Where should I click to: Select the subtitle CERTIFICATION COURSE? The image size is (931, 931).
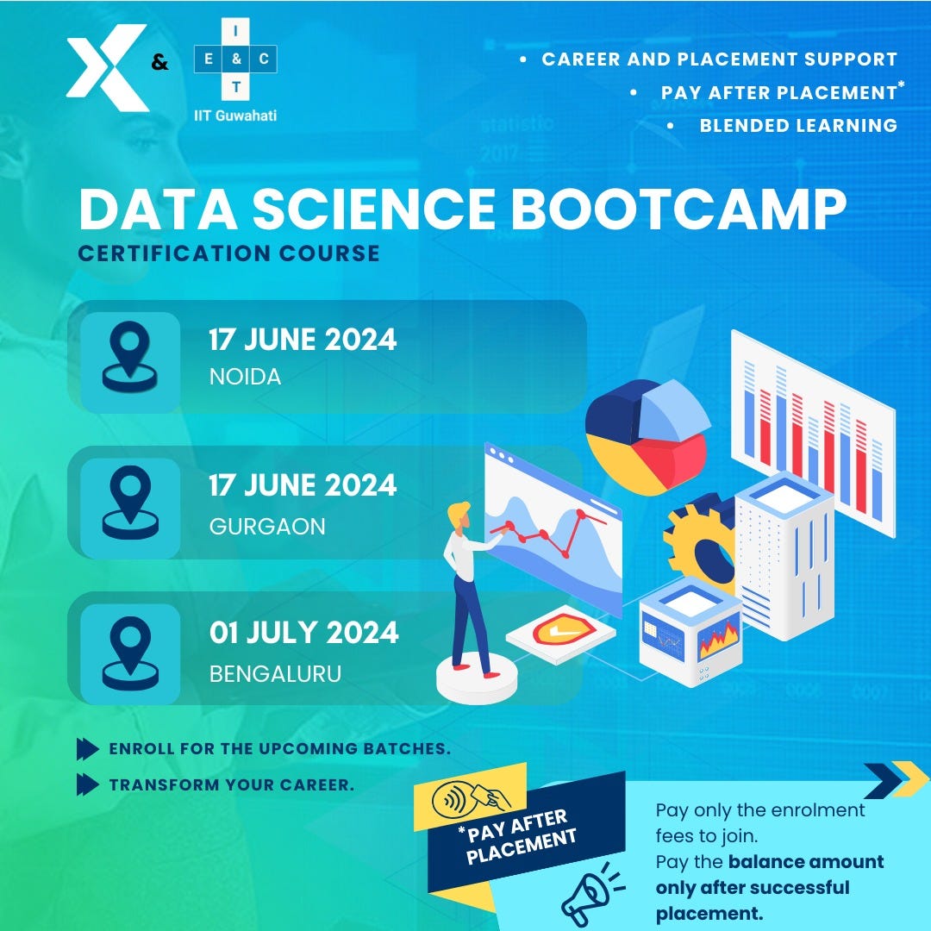228,253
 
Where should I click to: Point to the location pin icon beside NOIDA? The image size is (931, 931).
129,355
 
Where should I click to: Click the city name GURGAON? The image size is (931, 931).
267,526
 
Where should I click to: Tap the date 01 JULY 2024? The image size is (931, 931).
303,633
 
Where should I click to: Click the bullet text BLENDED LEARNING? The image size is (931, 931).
798,125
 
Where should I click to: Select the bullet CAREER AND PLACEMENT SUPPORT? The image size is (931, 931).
719,59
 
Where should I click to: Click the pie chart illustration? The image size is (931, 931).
647,436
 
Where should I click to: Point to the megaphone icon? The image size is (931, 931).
590,892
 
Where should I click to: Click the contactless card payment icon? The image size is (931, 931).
471,799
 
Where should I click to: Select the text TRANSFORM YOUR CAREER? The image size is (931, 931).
231,784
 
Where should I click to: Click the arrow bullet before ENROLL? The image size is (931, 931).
87,748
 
